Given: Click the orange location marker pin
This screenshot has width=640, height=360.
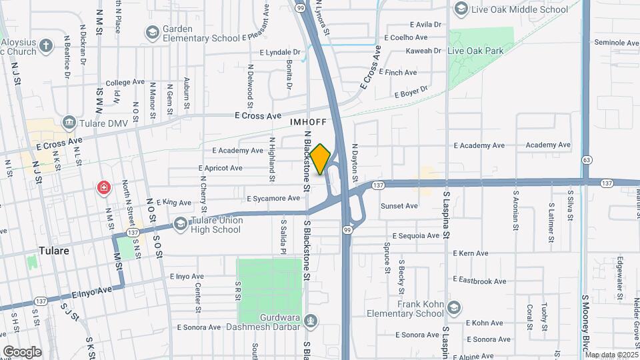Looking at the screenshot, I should click(x=321, y=159).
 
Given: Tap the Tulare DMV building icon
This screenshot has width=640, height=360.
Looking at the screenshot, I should click(x=69, y=123).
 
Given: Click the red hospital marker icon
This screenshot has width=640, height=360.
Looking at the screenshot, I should click(x=103, y=187).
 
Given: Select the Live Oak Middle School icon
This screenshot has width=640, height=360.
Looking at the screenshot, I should click(x=460, y=9).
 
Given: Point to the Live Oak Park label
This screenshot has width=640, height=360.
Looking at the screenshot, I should click(x=475, y=51).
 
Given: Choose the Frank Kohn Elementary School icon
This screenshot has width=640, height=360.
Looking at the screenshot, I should click(x=454, y=307).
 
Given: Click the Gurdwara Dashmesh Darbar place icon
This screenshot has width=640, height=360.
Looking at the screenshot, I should click(x=310, y=321).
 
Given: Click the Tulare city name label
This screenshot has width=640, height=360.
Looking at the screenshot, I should click(x=55, y=251).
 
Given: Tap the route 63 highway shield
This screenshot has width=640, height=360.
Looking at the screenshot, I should click(x=587, y=160).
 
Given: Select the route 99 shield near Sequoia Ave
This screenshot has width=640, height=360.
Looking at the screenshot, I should click(x=347, y=230).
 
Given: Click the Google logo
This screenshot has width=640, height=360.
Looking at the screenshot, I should click(x=22, y=351).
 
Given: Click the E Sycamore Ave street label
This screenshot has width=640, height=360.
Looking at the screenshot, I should click(x=273, y=199).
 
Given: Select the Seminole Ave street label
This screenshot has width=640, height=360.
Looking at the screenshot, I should click(x=617, y=43).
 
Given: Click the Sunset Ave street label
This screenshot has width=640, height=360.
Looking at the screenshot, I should click(x=399, y=206).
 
